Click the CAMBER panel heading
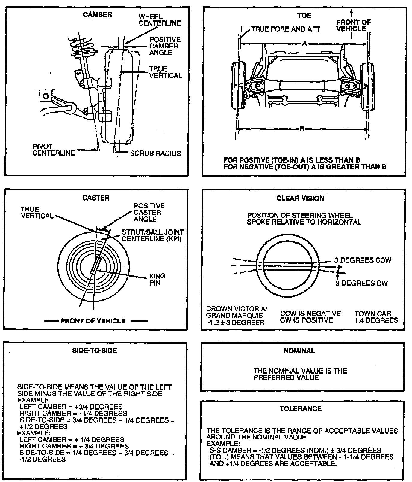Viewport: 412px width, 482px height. [97, 15]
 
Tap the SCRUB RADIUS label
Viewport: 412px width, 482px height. [155, 154]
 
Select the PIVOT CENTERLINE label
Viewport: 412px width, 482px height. [53, 150]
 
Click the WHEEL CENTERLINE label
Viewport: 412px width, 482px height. [160, 20]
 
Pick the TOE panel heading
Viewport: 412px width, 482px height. [304, 15]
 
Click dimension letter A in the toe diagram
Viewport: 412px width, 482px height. [305, 44]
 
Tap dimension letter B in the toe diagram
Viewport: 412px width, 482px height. [302, 129]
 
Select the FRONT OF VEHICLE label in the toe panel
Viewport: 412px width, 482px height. [353, 25]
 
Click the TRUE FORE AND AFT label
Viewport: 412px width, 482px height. [285, 29]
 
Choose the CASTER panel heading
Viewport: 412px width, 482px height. [96, 198]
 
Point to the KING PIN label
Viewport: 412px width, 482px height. [157, 279]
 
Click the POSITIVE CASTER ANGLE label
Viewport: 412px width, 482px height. [149, 212]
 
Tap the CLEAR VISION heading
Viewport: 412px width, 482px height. [300, 198]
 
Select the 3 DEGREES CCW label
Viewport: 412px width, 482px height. [363, 260]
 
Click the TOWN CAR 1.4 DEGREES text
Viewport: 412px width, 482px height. [376, 317]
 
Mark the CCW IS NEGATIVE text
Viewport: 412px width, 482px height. [310, 313]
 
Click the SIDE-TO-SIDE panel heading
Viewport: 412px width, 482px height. [95, 351]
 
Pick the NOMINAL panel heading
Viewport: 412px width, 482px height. [299, 351]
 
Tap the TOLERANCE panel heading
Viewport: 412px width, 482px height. [300, 409]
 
